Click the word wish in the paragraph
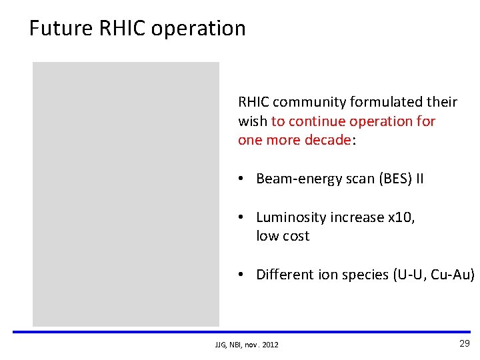252,121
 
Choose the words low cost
283,236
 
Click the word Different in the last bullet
283,275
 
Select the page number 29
464,343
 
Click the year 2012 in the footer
270,345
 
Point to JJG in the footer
221,345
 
